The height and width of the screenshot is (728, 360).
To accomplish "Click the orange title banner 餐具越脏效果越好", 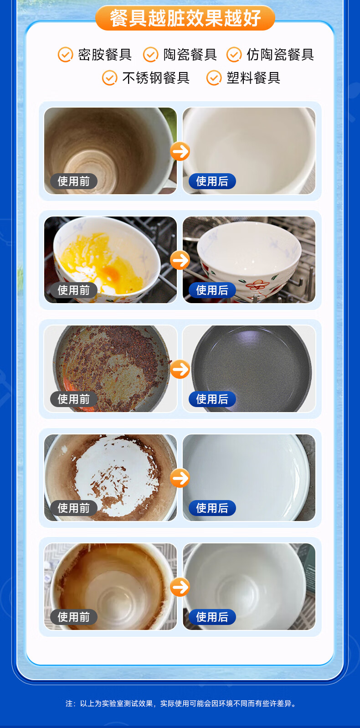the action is [x=185, y=18].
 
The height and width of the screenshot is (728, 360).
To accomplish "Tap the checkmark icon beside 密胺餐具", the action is [x=65, y=54].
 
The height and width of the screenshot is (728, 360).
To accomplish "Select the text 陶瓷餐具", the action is [x=190, y=54].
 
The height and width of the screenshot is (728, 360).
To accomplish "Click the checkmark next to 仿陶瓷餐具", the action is [x=234, y=54].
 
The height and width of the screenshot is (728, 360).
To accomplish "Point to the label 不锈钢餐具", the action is [x=156, y=77].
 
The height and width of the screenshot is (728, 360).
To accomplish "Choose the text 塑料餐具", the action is [x=253, y=77].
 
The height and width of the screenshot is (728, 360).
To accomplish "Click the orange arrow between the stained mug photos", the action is [x=180, y=151].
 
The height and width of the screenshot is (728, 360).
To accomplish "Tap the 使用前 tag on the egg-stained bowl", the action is [x=74, y=290].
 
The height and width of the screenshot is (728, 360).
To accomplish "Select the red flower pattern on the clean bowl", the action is [x=257, y=285].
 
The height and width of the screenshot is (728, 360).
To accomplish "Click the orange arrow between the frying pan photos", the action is [x=180, y=369].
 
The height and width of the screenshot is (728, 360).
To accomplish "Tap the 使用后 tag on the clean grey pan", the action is [x=212, y=399].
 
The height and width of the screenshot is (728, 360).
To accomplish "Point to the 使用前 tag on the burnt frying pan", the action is [x=74, y=399].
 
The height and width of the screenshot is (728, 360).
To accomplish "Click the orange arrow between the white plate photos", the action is [x=180, y=478].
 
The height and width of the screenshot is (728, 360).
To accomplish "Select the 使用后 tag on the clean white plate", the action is [x=212, y=508].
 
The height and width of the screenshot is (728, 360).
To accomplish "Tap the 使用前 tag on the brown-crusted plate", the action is [x=74, y=508].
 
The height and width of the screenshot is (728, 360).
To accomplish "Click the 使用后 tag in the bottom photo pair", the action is [x=212, y=617].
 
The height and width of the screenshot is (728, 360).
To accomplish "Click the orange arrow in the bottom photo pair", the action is [x=180, y=587].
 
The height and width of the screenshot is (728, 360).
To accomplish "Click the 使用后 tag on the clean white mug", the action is [x=212, y=181].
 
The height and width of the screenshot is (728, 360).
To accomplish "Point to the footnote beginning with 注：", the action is [x=181, y=704].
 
